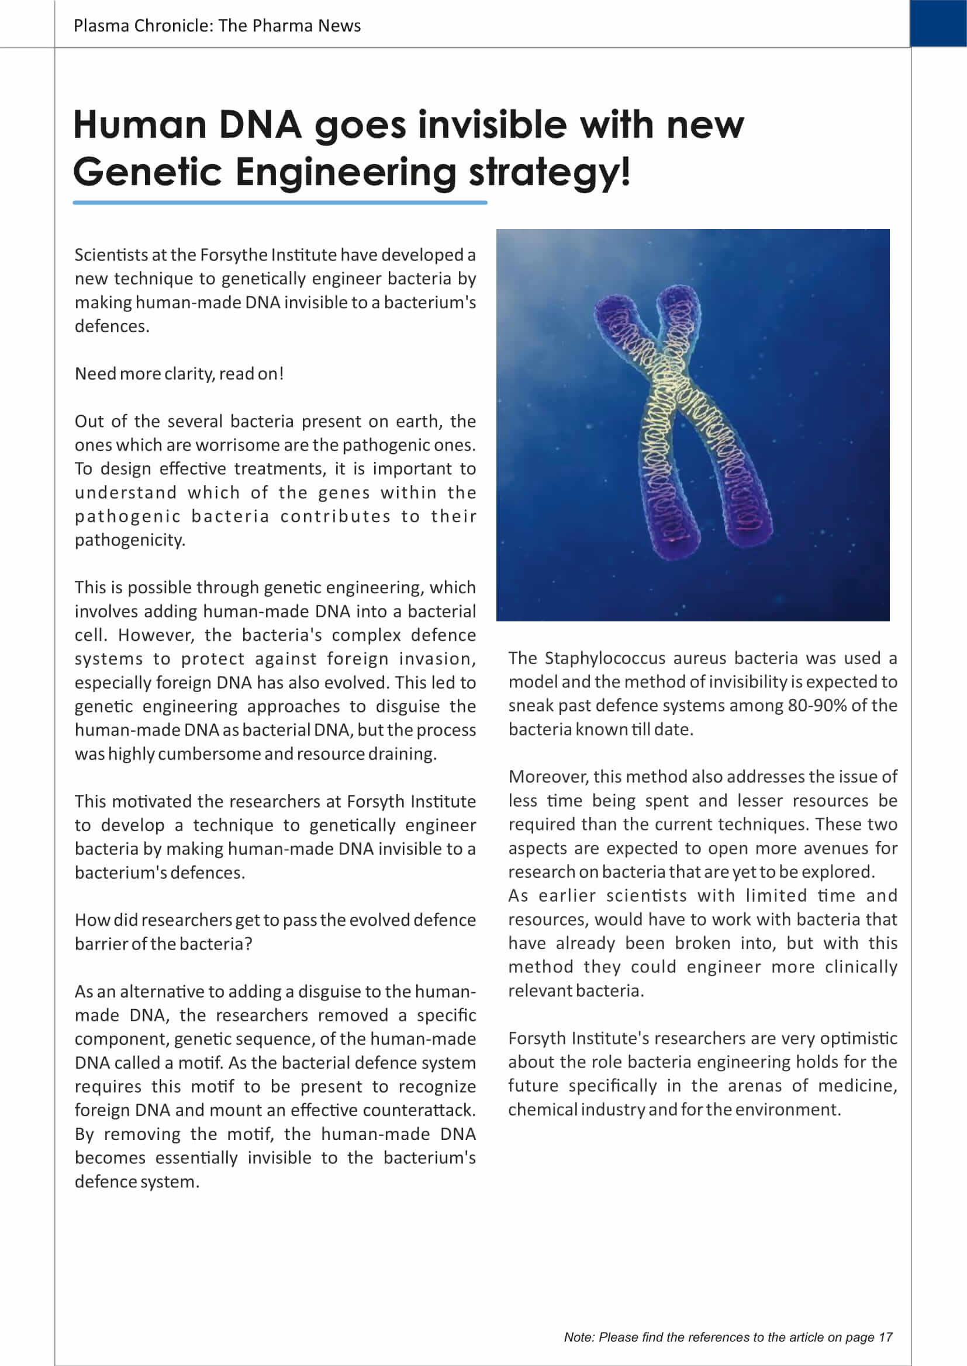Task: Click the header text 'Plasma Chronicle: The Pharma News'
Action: (x=217, y=26)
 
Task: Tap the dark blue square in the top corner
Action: (x=938, y=23)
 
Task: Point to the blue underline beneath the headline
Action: (x=280, y=203)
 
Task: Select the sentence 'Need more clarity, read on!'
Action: (x=179, y=374)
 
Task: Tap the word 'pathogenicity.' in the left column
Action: (x=130, y=540)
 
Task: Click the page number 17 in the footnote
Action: (x=885, y=1337)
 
